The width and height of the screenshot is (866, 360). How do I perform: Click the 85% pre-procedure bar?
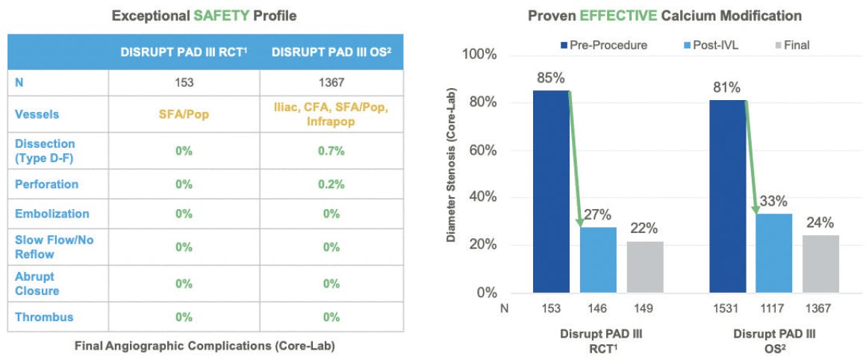551,192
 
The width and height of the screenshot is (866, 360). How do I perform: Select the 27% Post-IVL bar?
598,260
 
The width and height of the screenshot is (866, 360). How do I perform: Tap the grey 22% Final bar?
645,267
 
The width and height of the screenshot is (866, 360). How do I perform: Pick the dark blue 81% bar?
727,196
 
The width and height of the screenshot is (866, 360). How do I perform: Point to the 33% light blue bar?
774,253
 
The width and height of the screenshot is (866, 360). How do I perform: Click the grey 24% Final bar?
820,264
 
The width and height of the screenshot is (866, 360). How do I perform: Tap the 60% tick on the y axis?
485,151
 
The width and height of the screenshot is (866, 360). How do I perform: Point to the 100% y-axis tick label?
482,55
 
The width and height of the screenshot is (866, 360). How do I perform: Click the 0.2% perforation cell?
331,184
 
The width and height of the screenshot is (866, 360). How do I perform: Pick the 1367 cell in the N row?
331,83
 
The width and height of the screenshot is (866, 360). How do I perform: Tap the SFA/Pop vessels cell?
184,115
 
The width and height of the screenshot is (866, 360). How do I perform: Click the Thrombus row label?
44,317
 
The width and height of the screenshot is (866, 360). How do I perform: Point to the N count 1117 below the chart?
774,308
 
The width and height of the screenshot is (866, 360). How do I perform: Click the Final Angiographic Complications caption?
205,347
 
